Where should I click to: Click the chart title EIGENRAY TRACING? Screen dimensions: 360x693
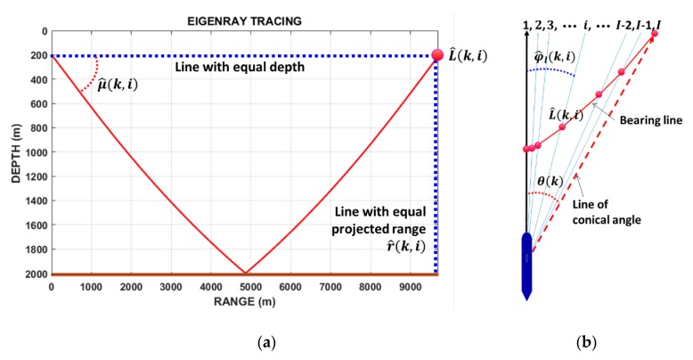242,19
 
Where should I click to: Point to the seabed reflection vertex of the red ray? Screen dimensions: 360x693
245,273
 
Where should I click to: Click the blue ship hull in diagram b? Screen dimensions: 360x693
526,262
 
